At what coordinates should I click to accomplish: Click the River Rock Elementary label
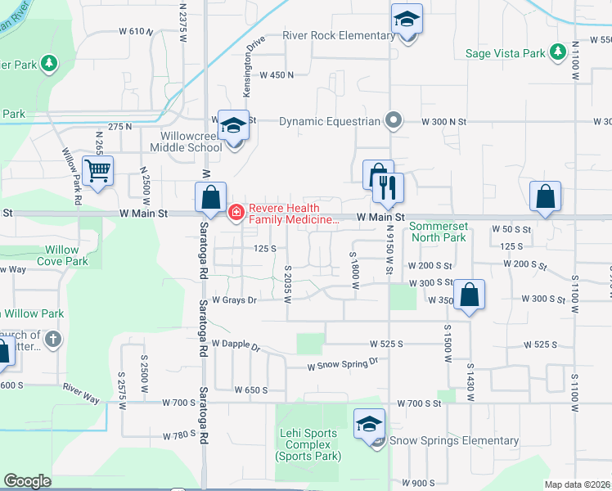point(339,36)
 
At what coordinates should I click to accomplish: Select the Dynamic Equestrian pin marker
point(394,120)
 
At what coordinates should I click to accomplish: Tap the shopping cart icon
point(97,172)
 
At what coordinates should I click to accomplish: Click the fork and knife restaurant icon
point(388,187)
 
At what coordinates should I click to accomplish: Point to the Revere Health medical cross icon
point(236,213)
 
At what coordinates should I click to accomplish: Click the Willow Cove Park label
point(63,255)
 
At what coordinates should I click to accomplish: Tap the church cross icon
point(52,338)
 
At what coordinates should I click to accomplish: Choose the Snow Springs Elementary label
point(453,440)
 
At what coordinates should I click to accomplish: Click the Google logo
point(27,481)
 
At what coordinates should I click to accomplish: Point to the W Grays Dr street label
point(235,300)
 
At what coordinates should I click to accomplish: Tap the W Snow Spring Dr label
point(343,364)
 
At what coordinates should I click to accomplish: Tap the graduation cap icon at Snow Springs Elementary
point(369,425)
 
